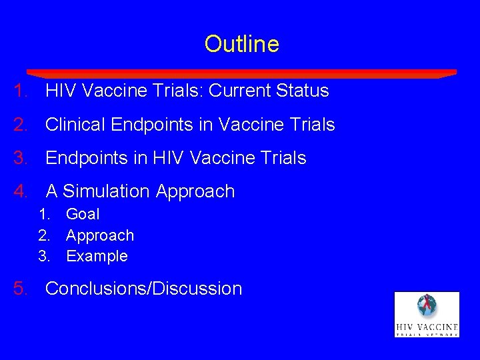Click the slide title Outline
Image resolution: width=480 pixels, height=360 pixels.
coord(241,44)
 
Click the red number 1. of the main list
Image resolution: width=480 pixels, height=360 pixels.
coord(20,91)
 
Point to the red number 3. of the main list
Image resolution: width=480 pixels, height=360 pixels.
coord(20,158)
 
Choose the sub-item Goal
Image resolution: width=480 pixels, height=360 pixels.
coord(83,214)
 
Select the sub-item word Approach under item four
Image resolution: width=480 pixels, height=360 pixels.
coord(100,235)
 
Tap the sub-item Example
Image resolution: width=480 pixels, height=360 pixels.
coord(97,256)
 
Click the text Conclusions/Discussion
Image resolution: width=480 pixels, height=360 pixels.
coord(143,289)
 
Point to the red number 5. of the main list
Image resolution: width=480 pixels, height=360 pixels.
coord(20,289)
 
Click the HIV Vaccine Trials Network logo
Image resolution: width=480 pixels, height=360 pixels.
coord(427,314)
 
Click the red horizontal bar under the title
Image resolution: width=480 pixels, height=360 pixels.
coord(241,73)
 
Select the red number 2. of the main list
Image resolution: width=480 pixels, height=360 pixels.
coord(20,125)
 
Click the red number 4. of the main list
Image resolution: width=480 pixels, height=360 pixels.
coord(20,191)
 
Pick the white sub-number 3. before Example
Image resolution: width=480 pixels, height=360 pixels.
coord(45,256)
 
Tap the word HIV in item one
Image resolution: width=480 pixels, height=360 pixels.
coord(61,91)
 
